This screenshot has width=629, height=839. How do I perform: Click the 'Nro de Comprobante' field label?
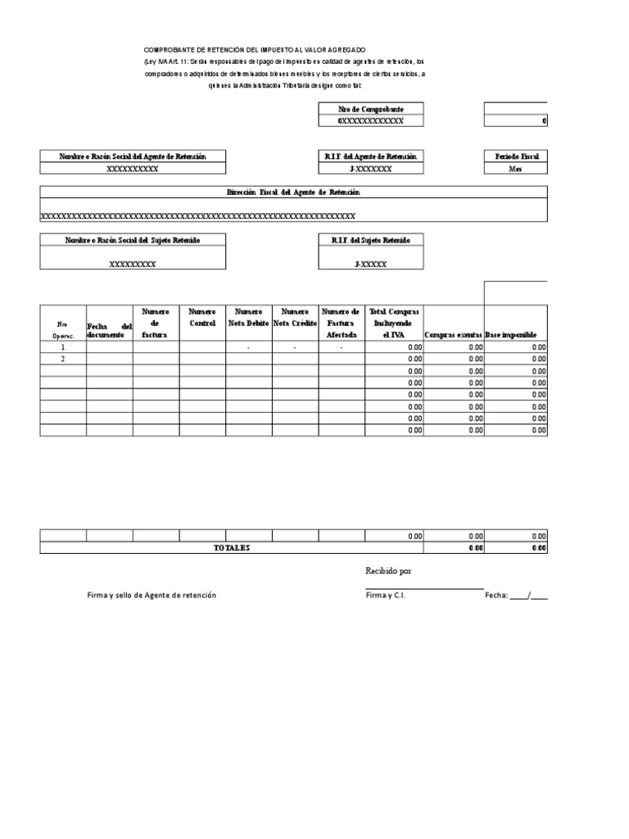(370, 108)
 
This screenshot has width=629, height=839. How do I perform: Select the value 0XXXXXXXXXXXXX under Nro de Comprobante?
(370, 120)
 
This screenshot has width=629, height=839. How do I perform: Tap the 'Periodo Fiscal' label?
(516, 156)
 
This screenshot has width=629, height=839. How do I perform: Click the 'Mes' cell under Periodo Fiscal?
(516, 169)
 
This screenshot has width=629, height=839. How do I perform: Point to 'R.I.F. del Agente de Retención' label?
(370, 156)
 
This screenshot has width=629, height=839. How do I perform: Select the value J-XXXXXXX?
(370, 169)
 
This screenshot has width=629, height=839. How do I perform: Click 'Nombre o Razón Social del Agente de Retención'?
(133, 156)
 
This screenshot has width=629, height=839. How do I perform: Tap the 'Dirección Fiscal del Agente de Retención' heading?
(293, 192)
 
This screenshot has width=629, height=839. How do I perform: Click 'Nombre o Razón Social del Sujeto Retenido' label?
(133, 239)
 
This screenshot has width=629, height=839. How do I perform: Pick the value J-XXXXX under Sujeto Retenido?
(370, 265)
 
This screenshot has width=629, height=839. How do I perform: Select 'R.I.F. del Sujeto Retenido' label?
(370, 239)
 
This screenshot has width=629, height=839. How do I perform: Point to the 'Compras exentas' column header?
(453, 335)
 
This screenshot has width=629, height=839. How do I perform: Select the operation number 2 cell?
(62, 360)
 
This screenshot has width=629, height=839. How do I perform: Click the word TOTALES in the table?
(232, 548)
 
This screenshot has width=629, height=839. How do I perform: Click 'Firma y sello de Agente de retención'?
(152, 595)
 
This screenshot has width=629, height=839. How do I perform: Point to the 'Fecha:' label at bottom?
(496, 595)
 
